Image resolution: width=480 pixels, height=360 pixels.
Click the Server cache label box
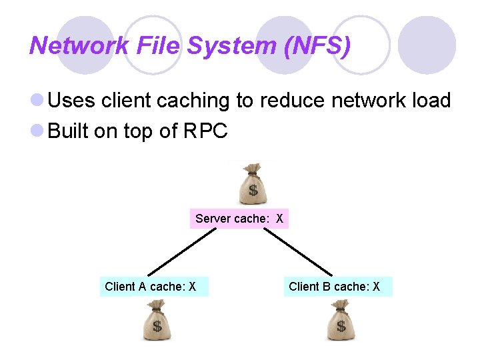coord(239,219)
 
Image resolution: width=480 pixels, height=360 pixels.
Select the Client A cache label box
coord(153,287)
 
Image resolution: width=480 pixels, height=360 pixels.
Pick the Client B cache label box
coord(337,287)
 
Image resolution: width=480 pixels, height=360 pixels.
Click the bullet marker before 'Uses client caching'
coord(39,101)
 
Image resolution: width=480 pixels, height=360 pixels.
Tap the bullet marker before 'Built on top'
coord(39,131)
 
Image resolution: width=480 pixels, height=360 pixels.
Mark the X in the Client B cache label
coord(377,287)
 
